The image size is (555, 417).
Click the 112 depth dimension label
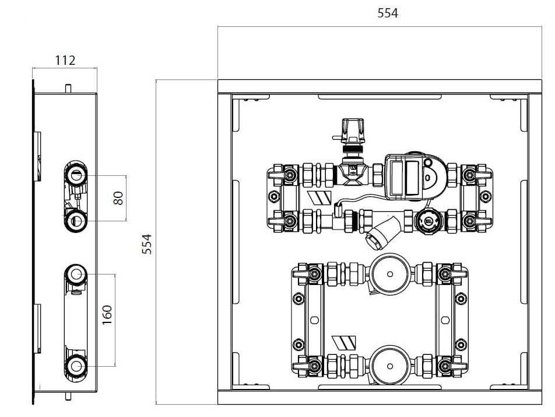65,60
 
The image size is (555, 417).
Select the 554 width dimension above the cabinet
388,13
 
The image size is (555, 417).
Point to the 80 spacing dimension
118,198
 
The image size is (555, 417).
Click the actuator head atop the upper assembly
354,130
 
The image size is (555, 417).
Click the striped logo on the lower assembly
340,342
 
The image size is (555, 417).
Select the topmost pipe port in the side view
76,173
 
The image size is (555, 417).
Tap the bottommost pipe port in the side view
76,366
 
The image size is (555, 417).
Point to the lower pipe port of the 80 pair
76,220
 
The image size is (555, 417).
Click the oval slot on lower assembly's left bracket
315,319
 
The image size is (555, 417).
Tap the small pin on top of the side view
68,88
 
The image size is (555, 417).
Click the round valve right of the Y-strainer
428,221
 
